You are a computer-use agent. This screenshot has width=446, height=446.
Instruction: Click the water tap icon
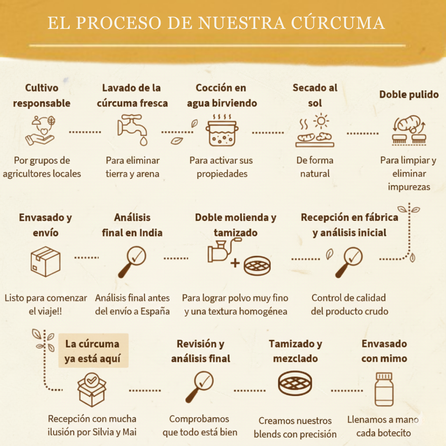coord(132,130)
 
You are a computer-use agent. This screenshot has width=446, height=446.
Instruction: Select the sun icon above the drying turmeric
coord(321,121)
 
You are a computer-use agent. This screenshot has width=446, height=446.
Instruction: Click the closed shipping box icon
coord(45,261)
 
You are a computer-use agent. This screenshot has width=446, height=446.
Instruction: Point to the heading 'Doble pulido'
coord(408,95)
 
